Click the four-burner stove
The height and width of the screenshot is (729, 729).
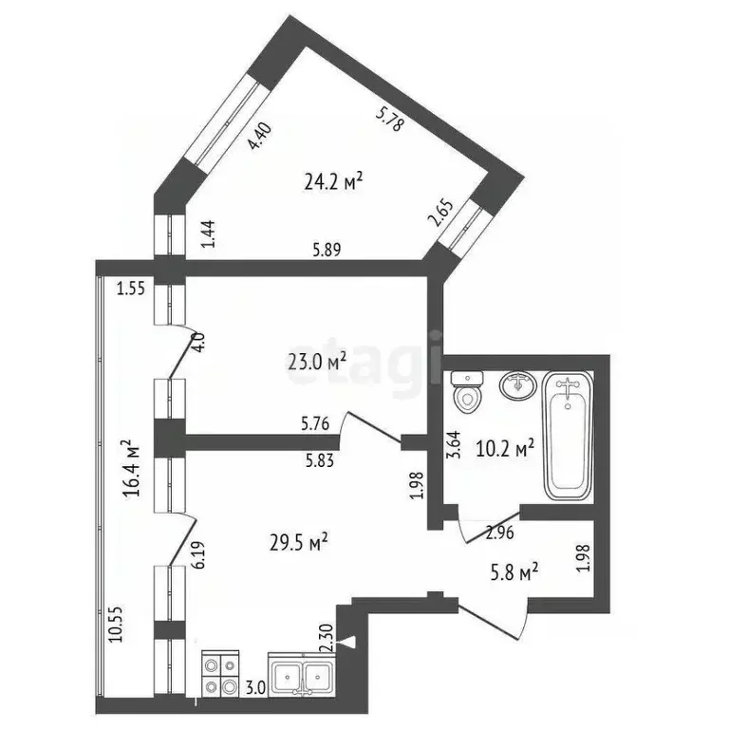point(220,673)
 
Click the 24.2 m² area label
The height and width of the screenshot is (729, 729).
point(333,182)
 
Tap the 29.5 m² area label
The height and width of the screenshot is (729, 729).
point(299,542)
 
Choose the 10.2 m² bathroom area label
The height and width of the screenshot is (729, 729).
point(505,449)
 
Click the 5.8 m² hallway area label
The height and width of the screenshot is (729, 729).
point(514,571)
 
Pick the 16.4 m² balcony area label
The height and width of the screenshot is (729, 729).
point(132,468)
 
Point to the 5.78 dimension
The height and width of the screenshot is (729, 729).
point(390,120)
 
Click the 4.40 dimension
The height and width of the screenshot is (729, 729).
point(259,136)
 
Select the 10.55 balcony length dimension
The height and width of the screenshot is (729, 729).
point(116,624)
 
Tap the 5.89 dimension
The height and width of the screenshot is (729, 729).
point(327,251)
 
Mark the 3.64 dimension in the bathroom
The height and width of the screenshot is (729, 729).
point(455,445)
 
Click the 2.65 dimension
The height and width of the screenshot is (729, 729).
point(441,213)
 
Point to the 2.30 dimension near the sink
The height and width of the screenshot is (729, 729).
point(327,638)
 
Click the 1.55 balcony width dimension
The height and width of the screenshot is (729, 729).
point(131,289)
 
